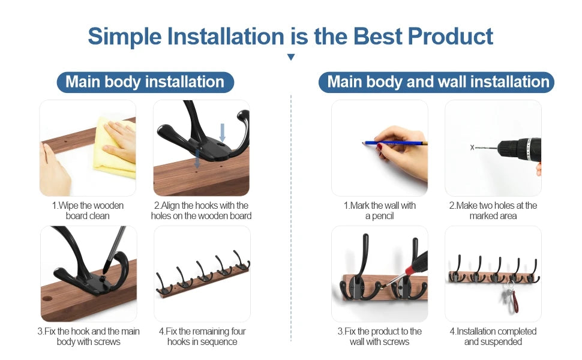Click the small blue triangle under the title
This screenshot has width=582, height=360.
tap(291, 57)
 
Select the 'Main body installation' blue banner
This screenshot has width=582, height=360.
tap(145, 82)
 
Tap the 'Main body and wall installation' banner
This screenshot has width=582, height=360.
tap(436, 82)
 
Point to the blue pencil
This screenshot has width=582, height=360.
tap(394, 143)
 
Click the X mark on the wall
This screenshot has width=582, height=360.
tap(472, 148)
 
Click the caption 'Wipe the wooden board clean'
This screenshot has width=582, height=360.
tap(88, 211)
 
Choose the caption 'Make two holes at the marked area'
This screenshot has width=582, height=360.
tap(493, 211)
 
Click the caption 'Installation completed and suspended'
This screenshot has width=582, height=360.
tap(493, 337)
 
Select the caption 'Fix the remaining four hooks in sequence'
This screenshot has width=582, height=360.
tap(202, 337)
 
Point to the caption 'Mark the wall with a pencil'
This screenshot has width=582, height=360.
tap(379, 211)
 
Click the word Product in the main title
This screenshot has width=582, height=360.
tap(450, 37)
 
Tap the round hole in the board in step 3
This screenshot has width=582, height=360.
tap(47, 298)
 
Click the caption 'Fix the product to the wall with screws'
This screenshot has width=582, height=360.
tap(379, 337)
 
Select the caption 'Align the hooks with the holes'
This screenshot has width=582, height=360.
tap(201, 211)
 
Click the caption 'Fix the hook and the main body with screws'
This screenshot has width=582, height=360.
tap(88, 337)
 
